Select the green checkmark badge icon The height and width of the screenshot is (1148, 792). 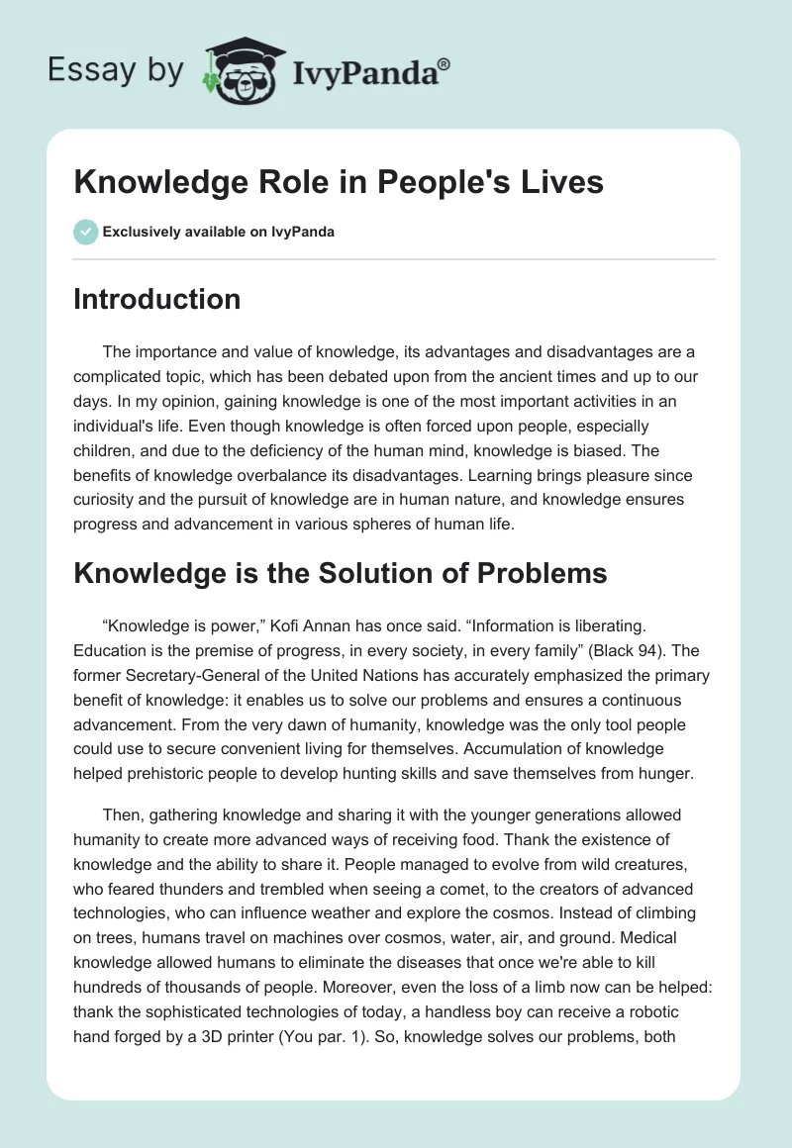pos(84,233)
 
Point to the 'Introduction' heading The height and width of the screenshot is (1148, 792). pos(156,300)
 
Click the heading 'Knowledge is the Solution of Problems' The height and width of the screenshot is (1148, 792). pos(340,573)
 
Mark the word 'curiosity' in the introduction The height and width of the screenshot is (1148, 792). pos(106,500)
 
